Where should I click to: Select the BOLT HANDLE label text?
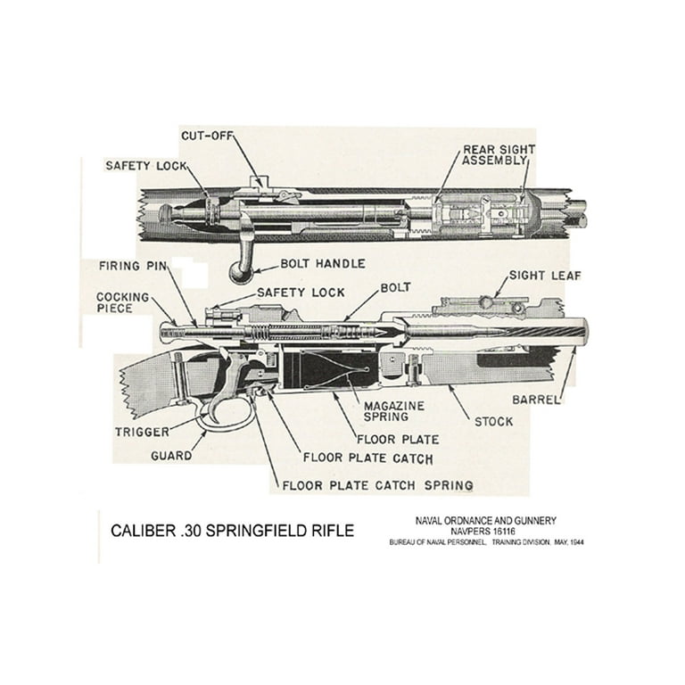coord(322,264)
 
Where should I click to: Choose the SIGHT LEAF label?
coord(544,276)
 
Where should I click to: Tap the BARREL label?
coord(535,400)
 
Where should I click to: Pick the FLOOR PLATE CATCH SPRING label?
coord(376,486)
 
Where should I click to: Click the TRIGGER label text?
coord(142,432)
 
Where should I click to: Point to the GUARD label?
coord(171,455)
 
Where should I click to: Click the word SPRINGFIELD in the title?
coord(259,531)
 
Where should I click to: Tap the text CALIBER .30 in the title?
coord(153,531)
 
